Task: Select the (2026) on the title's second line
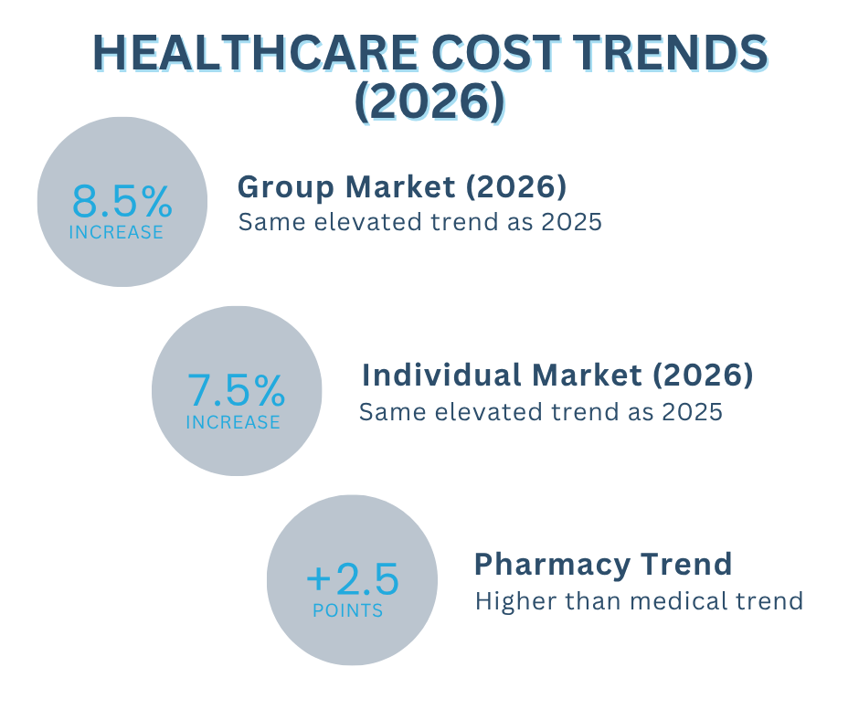tap(429, 103)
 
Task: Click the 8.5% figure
tap(122, 200)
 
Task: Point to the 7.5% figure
tap(236, 391)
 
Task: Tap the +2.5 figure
tap(352, 579)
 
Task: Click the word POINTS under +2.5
tap(347, 610)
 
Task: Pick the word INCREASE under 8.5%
tap(116, 232)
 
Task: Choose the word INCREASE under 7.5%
tap(233, 422)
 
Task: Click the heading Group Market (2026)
tap(402, 187)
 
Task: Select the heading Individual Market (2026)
tap(557, 375)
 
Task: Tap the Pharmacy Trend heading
tap(603, 564)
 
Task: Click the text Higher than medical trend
tap(639, 601)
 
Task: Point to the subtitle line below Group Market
tap(419, 222)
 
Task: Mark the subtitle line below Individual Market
tap(540, 412)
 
